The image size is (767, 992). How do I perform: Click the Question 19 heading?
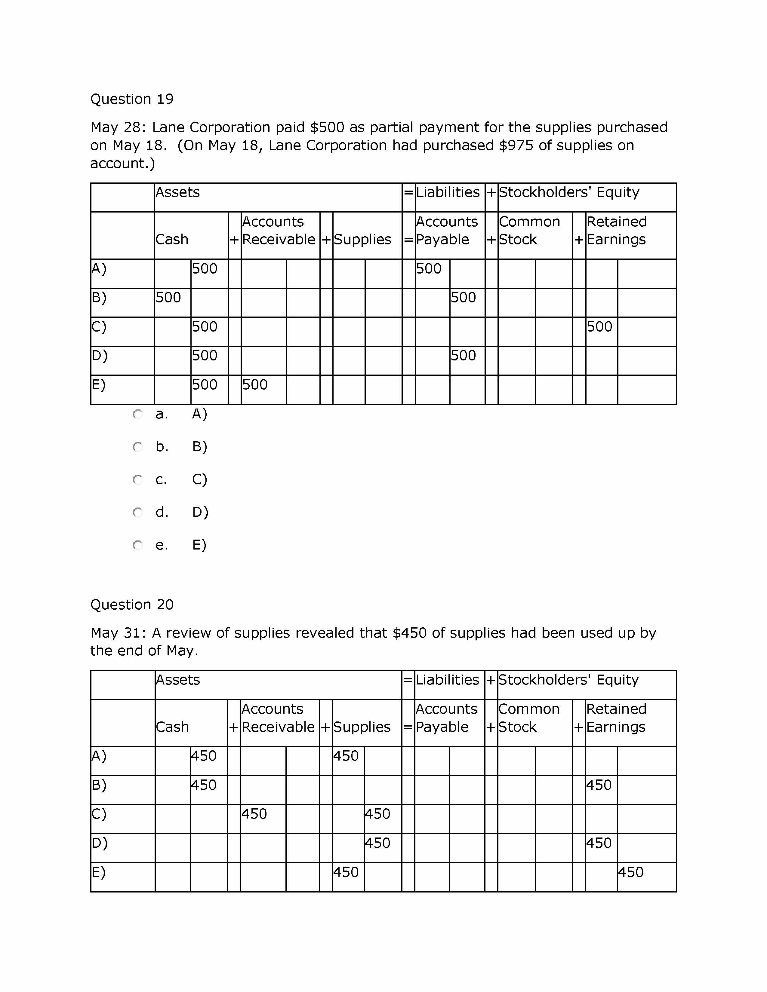pyautogui.click(x=132, y=99)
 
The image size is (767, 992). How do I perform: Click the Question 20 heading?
pyautogui.click(x=132, y=605)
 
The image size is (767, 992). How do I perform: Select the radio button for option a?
pyautogui.click(x=138, y=414)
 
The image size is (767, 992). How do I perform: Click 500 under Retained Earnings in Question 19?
pyautogui.click(x=599, y=326)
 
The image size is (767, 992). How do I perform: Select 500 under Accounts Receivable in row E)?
pyautogui.click(x=254, y=385)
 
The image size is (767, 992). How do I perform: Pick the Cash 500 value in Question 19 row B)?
pyautogui.click(x=168, y=298)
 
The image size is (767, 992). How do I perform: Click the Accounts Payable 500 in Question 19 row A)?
pyautogui.click(x=429, y=268)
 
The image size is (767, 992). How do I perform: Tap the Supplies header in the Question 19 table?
pyautogui.click(x=362, y=239)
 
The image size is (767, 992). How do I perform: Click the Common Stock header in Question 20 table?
pyautogui.click(x=528, y=718)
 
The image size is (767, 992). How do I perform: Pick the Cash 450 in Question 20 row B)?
pyautogui.click(x=204, y=785)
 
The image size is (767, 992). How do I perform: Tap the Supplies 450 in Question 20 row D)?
pyautogui.click(x=377, y=843)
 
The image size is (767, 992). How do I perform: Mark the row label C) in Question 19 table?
pyautogui.click(x=99, y=326)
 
